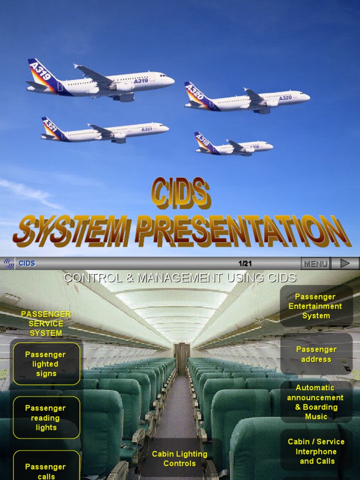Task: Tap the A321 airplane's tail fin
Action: [50, 127]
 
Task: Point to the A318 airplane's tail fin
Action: [203, 141]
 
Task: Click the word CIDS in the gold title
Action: [180, 194]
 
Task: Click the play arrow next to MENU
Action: [345, 263]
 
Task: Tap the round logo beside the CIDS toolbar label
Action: [9, 263]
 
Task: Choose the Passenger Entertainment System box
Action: [315, 306]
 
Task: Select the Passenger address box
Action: [316, 354]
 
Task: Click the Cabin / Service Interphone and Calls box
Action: [316, 451]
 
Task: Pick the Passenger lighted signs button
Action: [46, 364]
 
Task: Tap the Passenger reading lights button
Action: [46, 418]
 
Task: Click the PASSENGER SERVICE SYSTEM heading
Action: [46, 323]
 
